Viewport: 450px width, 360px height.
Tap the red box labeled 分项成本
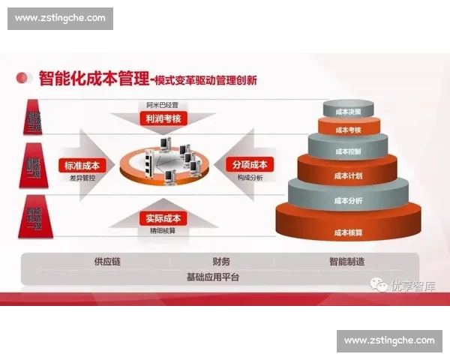click(250, 165)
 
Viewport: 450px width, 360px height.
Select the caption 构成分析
click(250, 179)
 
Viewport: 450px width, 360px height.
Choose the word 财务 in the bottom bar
click(221, 262)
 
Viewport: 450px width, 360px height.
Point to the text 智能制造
click(346, 262)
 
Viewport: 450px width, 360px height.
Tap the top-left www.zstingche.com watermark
click(60, 18)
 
